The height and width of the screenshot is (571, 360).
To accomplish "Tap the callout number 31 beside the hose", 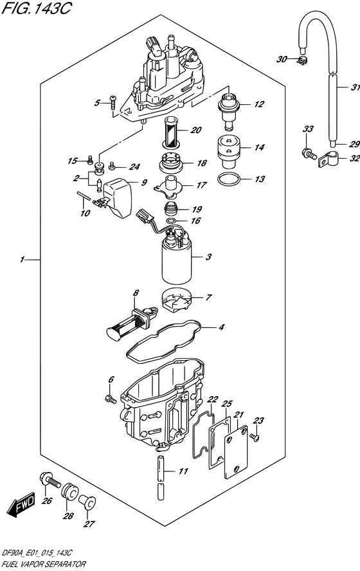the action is point(355,87).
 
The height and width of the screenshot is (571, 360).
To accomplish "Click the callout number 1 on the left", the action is point(22,260).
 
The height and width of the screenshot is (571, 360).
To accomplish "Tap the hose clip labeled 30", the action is point(301,62).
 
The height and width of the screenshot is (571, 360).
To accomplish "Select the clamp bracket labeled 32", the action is point(328,159).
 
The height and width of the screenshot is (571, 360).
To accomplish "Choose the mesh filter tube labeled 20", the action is point(170,133).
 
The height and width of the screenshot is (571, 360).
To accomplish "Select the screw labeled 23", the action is point(255,437).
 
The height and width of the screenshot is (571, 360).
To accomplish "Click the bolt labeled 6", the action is point(111,399).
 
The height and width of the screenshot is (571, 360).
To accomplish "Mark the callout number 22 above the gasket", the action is point(212,399).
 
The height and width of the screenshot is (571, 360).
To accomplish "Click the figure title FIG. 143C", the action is point(35,8).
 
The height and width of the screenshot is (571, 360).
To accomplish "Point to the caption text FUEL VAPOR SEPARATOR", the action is point(43,565).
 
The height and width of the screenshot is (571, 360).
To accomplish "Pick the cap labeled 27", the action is point(87,503).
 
